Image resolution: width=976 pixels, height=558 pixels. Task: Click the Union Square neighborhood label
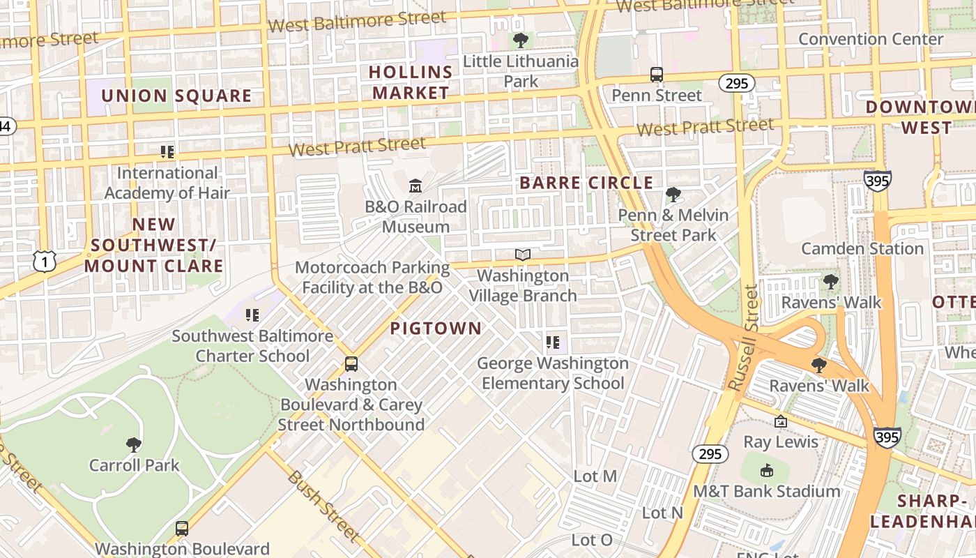176,96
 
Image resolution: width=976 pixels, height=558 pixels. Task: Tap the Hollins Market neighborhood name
411,82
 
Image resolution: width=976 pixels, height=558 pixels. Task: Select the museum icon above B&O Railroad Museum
415,186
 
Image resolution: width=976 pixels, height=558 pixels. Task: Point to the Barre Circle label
586,183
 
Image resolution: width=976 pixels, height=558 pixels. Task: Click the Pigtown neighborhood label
436,329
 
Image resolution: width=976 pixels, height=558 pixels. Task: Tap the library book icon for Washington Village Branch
522,255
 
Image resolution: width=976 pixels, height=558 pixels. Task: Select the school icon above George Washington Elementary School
553,342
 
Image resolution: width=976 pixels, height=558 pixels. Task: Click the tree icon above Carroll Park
134,444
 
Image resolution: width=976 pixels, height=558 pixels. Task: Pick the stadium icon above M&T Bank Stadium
766,470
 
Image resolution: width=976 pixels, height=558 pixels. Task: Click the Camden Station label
862,249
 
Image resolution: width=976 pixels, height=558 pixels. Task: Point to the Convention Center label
870,39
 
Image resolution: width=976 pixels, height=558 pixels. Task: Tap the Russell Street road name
742,338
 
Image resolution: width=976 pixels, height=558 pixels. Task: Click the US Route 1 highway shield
44,262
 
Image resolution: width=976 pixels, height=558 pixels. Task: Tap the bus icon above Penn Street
656,75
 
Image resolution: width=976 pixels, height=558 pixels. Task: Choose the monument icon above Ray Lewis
781,421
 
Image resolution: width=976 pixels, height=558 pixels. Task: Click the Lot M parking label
595,476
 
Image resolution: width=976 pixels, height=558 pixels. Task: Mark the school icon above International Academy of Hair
167,151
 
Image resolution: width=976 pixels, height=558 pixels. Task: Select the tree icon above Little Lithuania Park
520,40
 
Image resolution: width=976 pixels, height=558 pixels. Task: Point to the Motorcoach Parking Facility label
372,278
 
